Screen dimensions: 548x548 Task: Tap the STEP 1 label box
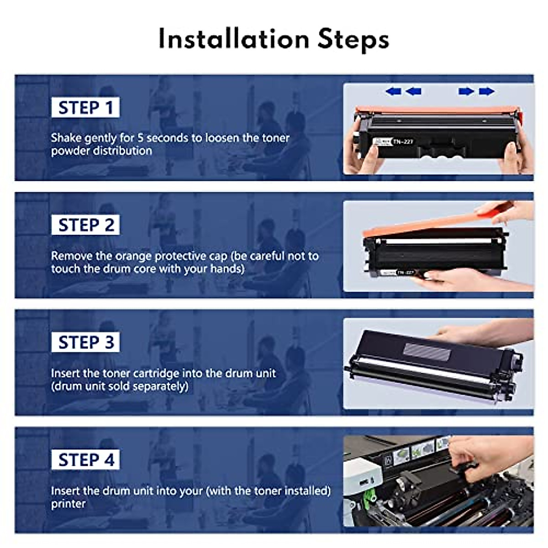pyautogui.click(x=85, y=108)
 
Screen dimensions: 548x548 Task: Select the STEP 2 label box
pyautogui.click(x=85, y=225)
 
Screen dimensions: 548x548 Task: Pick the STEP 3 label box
pyautogui.click(x=85, y=342)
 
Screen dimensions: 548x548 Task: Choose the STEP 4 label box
pyautogui.click(x=85, y=460)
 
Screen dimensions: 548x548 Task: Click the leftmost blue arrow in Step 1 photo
pyautogui.click(x=393, y=92)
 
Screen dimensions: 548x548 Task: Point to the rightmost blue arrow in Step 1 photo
pyautogui.click(x=487, y=92)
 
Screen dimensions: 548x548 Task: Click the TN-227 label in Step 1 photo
pyautogui.click(x=403, y=142)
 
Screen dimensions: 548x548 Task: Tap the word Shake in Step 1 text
pyautogui.click(x=66, y=138)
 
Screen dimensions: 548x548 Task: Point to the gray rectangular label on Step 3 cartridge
pyautogui.click(x=427, y=352)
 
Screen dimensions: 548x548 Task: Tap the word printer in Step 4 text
pyautogui.click(x=68, y=504)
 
